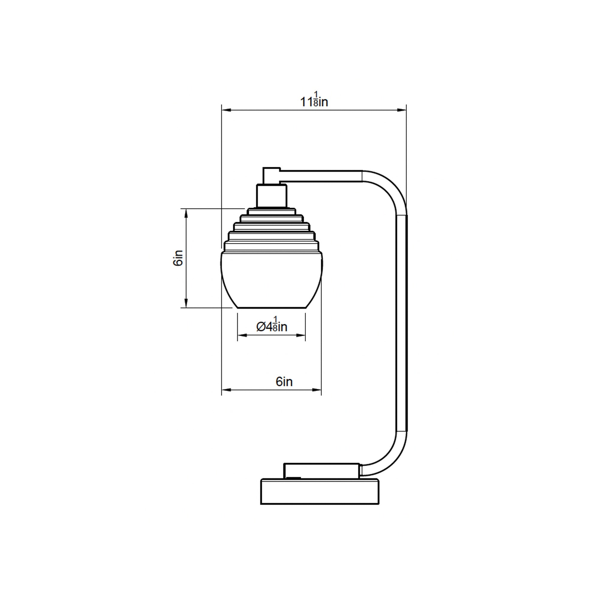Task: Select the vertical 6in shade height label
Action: [178, 258]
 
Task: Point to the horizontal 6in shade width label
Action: [284, 382]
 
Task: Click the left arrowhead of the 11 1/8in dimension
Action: [226, 110]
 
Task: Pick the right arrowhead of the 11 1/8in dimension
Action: [402, 110]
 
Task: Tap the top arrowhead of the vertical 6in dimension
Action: [186, 213]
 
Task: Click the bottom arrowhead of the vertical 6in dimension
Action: [186, 303]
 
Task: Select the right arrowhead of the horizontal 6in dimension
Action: [317, 390]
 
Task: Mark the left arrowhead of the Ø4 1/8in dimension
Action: [242, 335]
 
